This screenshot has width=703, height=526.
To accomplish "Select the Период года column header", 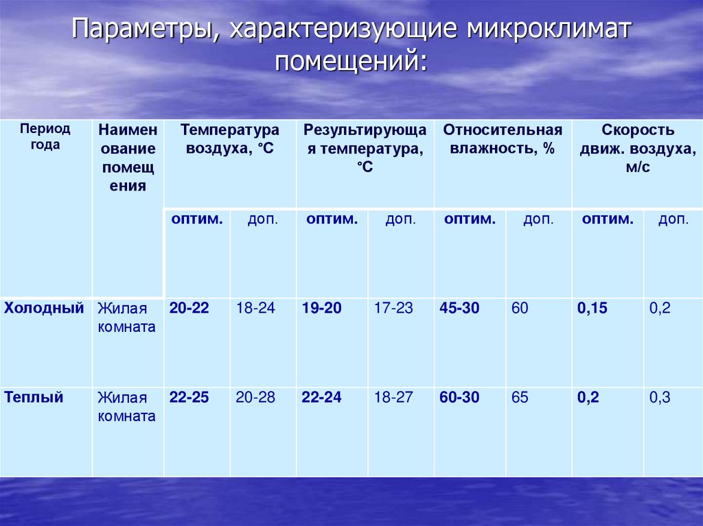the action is pyautogui.click(x=45, y=136).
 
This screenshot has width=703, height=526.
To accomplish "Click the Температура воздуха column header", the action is pyautogui.click(x=229, y=139).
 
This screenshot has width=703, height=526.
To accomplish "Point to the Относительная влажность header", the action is pyautogui.click(x=503, y=139).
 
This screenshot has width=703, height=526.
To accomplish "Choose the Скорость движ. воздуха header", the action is pyautogui.click(x=638, y=148).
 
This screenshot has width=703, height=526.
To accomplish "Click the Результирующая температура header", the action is pyautogui.click(x=365, y=148).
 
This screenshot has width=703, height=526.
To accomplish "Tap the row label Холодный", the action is pyautogui.click(x=44, y=308).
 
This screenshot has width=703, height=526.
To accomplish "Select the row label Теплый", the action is pyautogui.click(x=34, y=397).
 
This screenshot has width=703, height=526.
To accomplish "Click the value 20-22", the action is pyautogui.click(x=189, y=308).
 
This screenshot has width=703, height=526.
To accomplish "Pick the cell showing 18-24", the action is pyautogui.click(x=255, y=308).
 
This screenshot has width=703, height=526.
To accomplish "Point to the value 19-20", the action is pyautogui.click(x=321, y=308).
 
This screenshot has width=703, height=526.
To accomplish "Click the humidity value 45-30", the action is pyautogui.click(x=459, y=308).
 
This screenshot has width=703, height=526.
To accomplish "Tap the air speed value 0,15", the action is pyautogui.click(x=592, y=308).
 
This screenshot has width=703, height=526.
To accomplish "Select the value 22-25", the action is pyautogui.click(x=189, y=397).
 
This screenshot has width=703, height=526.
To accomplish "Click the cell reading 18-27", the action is pyautogui.click(x=393, y=397).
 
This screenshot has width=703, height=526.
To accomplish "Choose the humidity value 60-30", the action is pyautogui.click(x=459, y=397).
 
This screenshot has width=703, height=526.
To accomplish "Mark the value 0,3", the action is pyautogui.click(x=660, y=397).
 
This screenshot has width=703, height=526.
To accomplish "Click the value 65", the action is pyautogui.click(x=520, y=397).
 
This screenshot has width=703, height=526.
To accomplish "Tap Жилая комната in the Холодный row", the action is pyautogui.click(x=126, y=318).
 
